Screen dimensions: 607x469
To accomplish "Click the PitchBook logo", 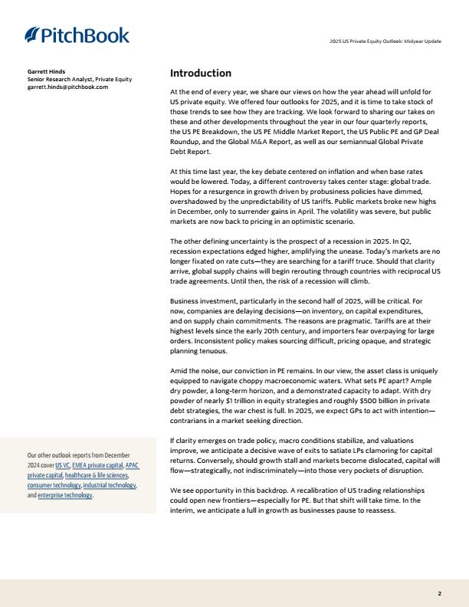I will coord(77,35).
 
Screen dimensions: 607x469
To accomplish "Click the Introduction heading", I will coord(200,74).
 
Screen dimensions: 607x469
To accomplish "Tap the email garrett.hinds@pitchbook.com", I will coord(67,87).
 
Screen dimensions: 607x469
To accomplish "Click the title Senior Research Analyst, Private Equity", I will coord(80,79).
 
